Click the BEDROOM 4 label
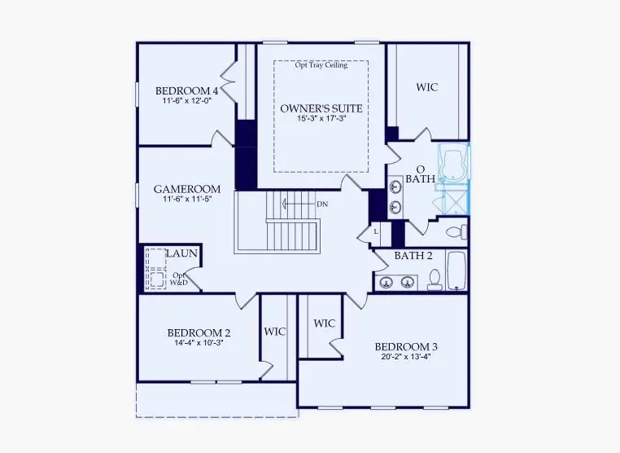(186, 90)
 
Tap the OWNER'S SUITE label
(321, 108)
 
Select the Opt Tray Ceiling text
(321, 65)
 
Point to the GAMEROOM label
(186, 189)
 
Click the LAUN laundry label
(182, 254)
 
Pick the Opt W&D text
(180, 279)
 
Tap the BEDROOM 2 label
(199, 332)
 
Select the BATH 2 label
(413, 255)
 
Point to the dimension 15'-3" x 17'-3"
(321, 119)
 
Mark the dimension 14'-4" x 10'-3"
(199, 343)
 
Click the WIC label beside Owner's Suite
(427, 87)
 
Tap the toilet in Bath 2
(434, 279)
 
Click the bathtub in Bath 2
(456, 270)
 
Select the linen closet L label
(376, 231)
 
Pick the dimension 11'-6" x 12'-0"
(186, 101)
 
